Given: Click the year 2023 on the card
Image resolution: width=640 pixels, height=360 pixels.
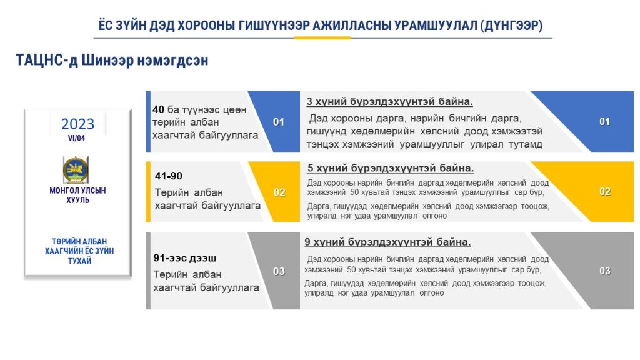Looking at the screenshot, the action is click(77, 124).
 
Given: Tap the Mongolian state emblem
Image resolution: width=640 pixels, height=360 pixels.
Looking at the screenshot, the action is click(76, 170).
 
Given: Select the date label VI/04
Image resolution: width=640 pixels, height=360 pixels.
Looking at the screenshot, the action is click(76, 138).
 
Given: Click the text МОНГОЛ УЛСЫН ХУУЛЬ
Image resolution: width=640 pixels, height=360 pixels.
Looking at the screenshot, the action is click(77, 195).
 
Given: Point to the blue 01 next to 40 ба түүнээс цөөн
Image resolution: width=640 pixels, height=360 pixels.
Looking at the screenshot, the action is click(279, 122).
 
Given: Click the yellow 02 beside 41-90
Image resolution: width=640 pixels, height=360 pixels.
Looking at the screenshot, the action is click(279, 192).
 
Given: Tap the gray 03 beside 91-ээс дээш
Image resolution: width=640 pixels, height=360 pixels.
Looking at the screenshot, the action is click(279, 271).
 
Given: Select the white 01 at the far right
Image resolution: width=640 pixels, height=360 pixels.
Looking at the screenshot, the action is click(604, 122).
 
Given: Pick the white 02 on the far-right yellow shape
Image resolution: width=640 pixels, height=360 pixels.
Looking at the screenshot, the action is click(605, 192).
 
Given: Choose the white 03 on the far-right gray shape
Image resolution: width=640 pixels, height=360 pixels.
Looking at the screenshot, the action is click(605, 271).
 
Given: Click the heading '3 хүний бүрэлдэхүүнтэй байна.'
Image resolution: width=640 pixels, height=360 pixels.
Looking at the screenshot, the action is click(390, 102).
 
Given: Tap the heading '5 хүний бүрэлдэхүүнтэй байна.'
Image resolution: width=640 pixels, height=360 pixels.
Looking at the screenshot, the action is click(391, 168).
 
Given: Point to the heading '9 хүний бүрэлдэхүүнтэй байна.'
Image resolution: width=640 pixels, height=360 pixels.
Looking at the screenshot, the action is click(387, 242).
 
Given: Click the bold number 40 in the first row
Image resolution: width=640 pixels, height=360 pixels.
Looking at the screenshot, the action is click(158, 109).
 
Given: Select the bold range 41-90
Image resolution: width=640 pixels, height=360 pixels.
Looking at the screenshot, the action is click(169, 176).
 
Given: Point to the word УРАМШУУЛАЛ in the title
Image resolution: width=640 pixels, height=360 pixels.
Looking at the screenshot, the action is click(436, 25).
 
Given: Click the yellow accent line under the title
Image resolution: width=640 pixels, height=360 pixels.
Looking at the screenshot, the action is click(322, 38).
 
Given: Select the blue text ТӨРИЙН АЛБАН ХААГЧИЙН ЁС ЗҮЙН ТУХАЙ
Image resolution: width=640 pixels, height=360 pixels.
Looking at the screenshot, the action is click(79, 251).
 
